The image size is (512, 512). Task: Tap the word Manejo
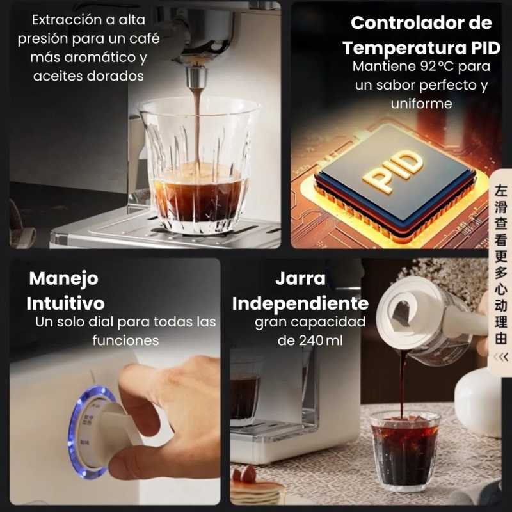coord(63,278)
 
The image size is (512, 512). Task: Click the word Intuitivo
coord(67,302)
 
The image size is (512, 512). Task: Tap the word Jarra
coord(301,279)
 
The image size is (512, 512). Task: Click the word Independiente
coord(300,302)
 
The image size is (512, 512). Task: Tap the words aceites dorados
coord(80,76)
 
